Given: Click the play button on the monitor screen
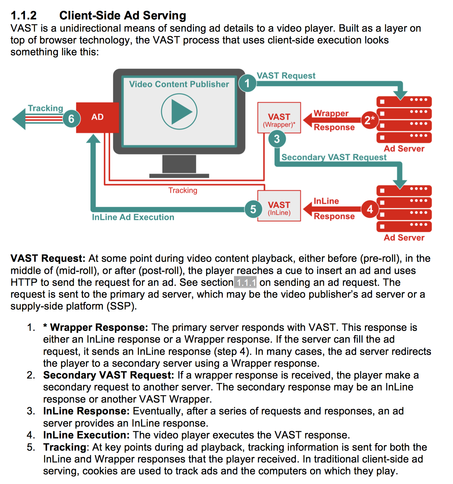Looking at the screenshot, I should pyautogui.click(x=179, y=112).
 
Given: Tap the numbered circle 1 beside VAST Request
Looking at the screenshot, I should pyautogui.click(x=247, y=83).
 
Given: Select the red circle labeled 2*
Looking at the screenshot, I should pyautogui.click(x=369, y=120).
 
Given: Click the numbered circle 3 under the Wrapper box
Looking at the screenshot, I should pyautogui.click(x=277, y=139).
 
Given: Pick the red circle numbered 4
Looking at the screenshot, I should pyautogui.click(x=370, y=209).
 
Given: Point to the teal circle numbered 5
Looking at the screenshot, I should pyautogui.click(x=253, y=209).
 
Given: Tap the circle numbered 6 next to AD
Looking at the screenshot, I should pyautogui.click(x=71, y=119).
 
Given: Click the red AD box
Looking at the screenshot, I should pyautogui.click(x=98, y=117).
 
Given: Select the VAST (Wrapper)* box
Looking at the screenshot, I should pyautogui.click(x=279, y=117).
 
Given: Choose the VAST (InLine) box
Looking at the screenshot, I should pyautogui.click(x=279, y=206).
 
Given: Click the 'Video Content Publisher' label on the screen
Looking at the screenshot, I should pyautogui.click(x=179, y=84).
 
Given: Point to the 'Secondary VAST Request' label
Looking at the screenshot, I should pyautogui.click(x=334, y=157).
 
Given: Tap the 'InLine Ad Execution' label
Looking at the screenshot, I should pyautogui.click(x=133, y=217).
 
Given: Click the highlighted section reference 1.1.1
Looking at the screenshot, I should pyautogui.click(x=245, y=282).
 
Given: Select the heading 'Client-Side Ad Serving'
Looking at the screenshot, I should pyautogui.click(x=123, y=16).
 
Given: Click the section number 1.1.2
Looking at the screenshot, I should pyautogui.click(x=24, y=16).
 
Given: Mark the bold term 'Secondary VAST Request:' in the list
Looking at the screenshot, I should pyautogui.click(x=108, y=375).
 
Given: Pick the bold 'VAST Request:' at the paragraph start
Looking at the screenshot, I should pyautogui.click(x=48, y=259).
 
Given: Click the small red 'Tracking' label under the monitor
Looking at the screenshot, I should pyautogui.click(x=183, y=191).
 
